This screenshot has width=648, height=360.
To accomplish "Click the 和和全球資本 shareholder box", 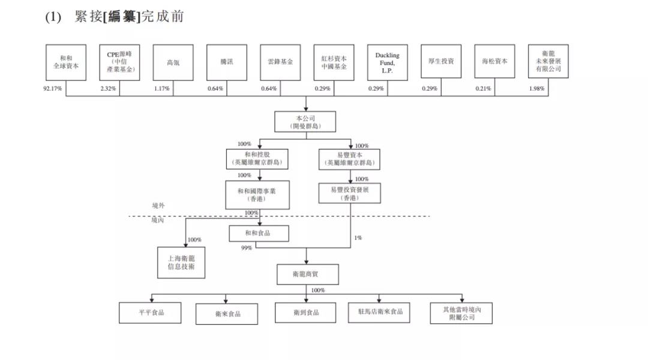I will [x=66, y=62].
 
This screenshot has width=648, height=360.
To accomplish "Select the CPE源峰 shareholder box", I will [x=119, y=62].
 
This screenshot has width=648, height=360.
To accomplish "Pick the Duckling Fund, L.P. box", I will [x=387, y=62].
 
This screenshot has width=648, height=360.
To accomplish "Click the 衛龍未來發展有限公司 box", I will [x=548, y=62].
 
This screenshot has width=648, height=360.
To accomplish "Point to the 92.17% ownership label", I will [x=53, y=89].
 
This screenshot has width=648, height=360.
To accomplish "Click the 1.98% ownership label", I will [x=536, y=89].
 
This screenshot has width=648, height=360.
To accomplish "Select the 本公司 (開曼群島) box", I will [x=305, y=122].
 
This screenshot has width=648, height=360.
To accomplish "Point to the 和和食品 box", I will [x=259, y=233].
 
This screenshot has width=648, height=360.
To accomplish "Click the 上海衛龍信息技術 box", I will [x=181, y=262].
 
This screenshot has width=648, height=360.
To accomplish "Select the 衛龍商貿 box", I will [x=307, y=274].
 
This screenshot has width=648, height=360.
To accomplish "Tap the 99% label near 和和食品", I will [x=246, y=247].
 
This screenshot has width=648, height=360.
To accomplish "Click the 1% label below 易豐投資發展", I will [x=358, y=238].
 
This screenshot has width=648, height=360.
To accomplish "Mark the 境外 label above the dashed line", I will [x=158, y=206].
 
